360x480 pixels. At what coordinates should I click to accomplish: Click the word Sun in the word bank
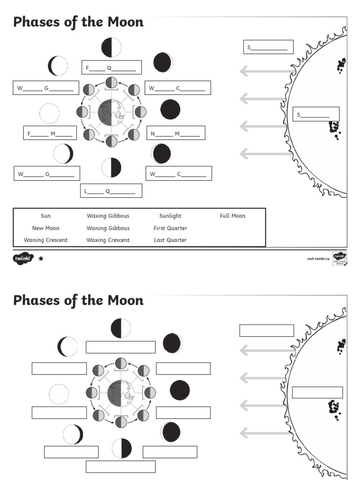45,216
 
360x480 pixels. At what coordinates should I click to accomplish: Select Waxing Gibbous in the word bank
108,216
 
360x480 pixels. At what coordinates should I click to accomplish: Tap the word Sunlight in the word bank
170,216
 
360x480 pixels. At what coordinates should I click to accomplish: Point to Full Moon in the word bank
232,216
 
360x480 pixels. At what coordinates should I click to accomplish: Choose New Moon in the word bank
45,228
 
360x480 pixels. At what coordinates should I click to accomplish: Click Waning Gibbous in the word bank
108,228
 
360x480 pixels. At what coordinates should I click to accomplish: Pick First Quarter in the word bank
170,228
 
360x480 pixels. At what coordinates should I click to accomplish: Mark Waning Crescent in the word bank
45,240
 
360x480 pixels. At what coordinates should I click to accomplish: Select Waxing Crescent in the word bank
108,240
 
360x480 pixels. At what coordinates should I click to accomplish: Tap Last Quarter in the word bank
170,240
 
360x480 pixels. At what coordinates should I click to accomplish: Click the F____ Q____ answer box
111,67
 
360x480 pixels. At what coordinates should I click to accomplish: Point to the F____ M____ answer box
50,133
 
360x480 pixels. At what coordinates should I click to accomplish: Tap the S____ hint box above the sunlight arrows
268,47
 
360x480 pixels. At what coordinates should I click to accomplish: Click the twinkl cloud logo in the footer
23,258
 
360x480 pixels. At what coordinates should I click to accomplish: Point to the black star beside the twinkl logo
41,258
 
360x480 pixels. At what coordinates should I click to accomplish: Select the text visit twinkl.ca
318,258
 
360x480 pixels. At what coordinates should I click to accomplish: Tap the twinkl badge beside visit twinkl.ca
340,258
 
